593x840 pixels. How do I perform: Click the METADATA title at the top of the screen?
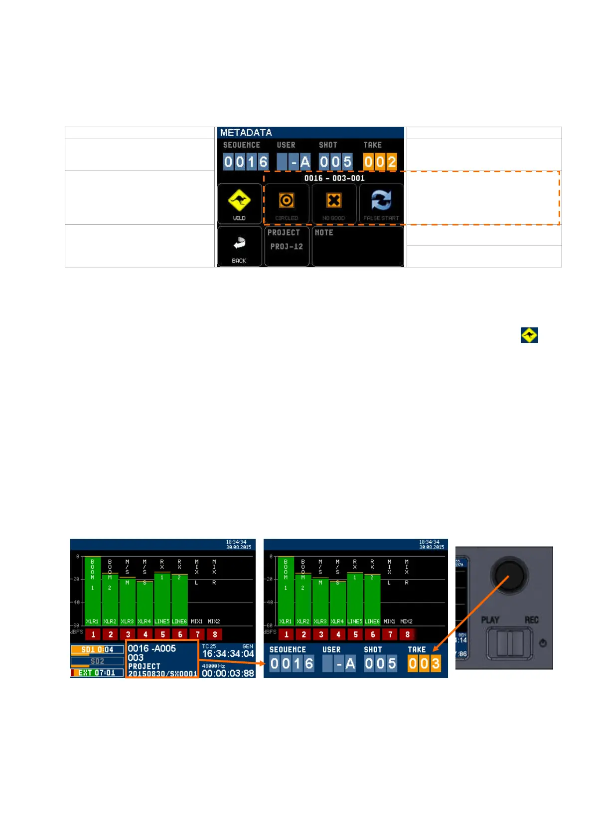coord(246,133)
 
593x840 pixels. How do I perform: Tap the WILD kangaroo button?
coord(239,204)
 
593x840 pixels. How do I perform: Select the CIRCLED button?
coord(287,204)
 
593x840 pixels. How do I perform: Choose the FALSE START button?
coord(381,204)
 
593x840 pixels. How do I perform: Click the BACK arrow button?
coord(239,246)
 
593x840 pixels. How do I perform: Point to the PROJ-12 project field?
coord(287,246)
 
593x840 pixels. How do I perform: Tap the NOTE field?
coord(357,246)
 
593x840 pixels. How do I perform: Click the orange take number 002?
coord(380,162)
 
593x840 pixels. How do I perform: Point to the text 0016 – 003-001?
coord(334,178)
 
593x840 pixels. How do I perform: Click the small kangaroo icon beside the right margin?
coord(529,335)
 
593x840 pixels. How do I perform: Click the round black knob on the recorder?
coord(509,575)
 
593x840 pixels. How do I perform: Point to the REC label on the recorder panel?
coord(531,620)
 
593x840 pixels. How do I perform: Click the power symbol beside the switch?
coord(543,643)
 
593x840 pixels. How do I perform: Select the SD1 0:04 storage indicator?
coord(97,649)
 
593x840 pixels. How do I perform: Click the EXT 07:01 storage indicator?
coord(97,672)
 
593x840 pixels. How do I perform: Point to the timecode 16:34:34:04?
coord(228,653)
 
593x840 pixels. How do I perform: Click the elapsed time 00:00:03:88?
coord(228,673)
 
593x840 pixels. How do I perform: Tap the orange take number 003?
coord(424,663)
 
